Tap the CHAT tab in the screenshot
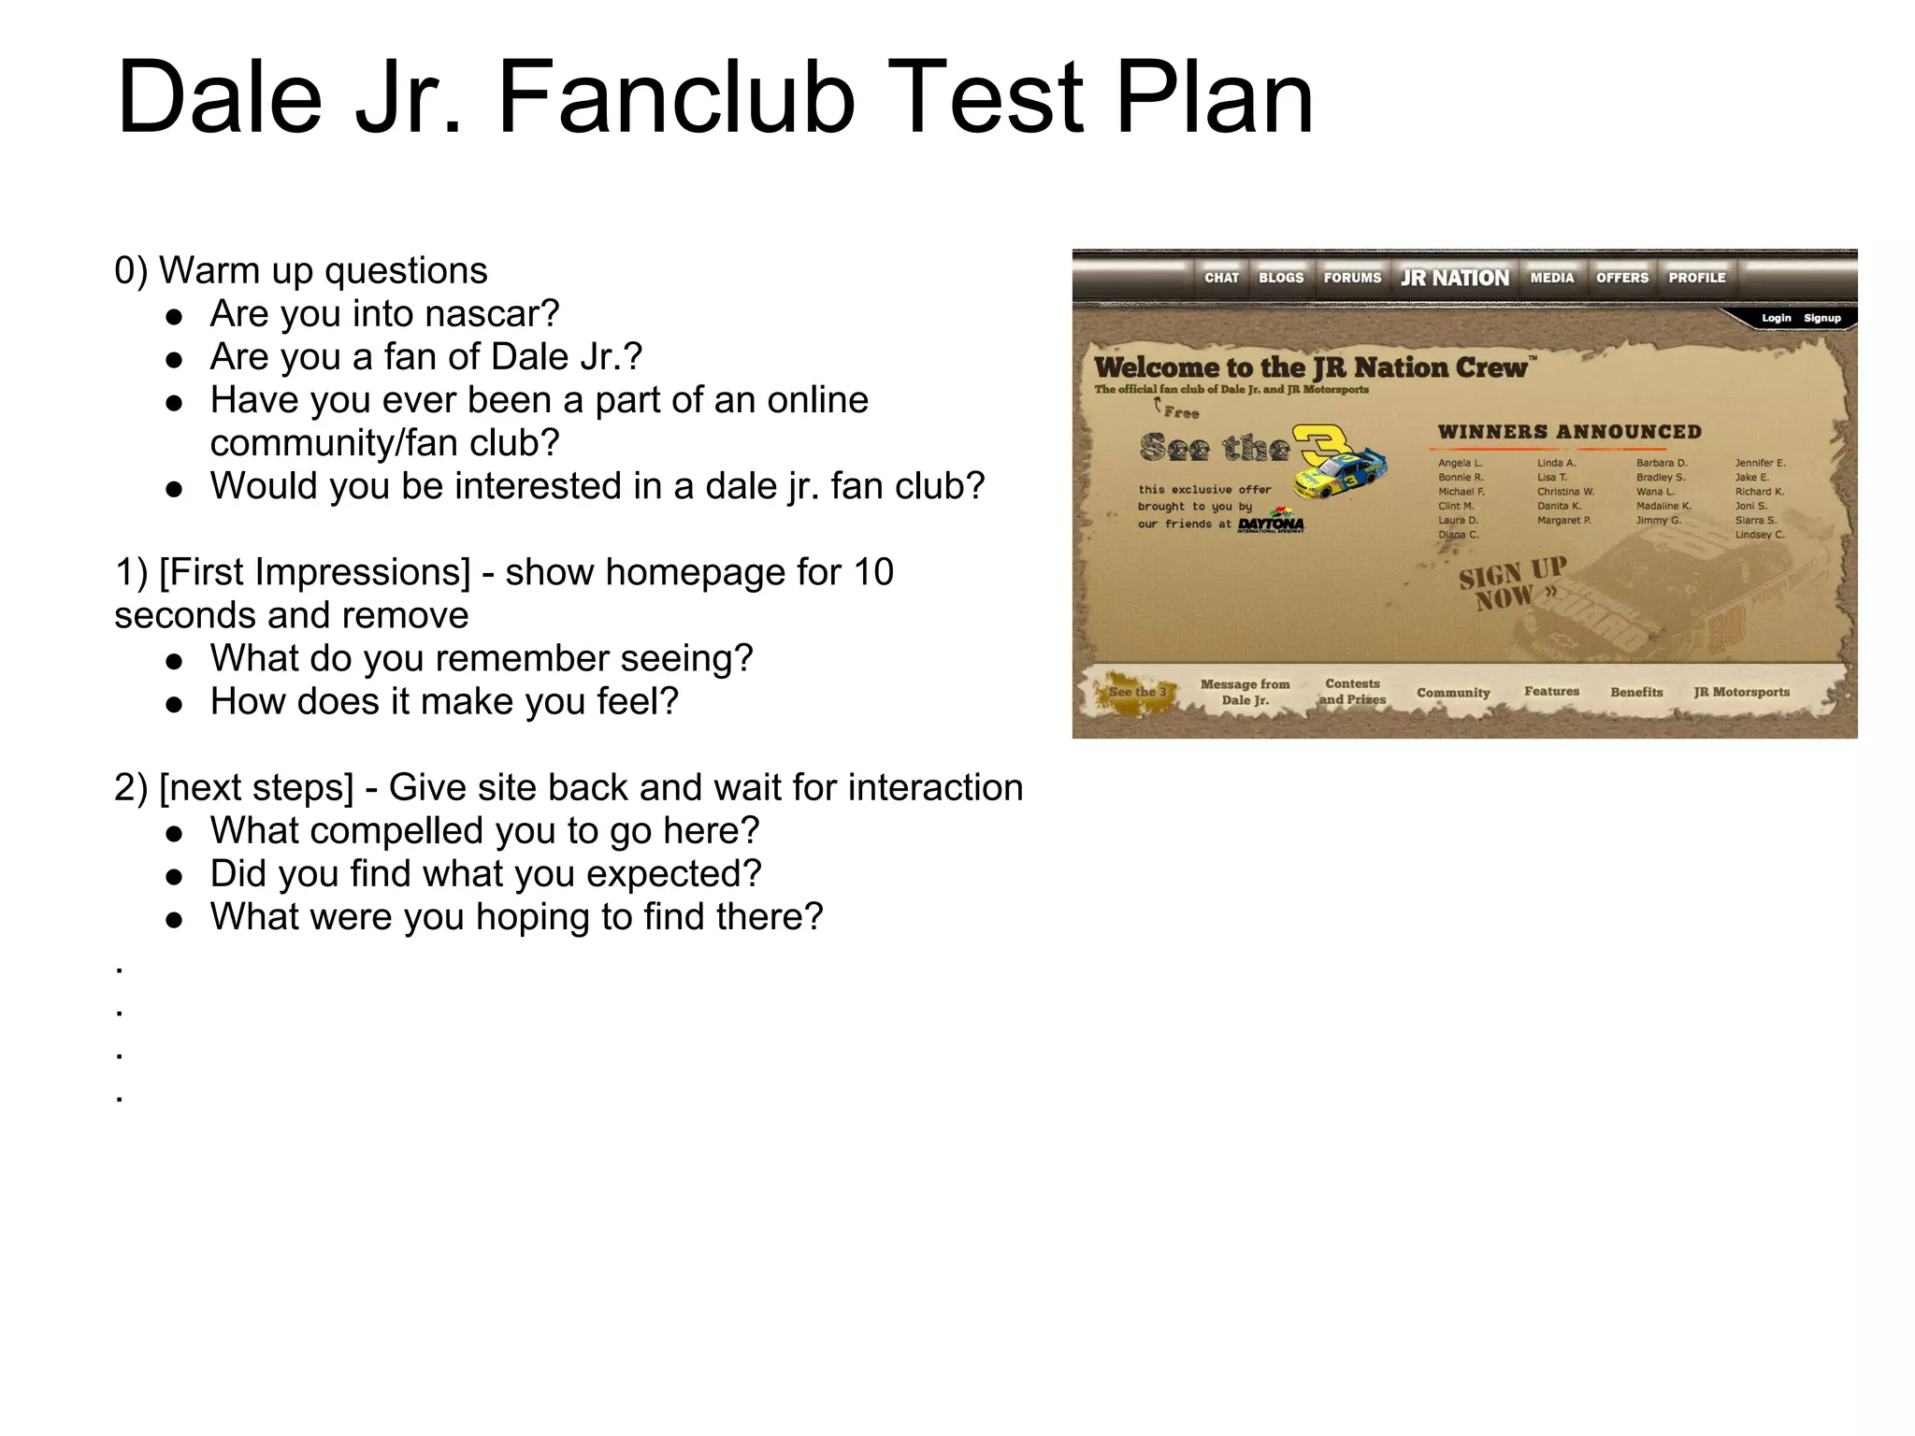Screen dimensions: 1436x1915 click(1221, 278)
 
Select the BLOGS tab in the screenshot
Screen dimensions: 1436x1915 click(1281, 278)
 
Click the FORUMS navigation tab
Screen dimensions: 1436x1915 click(1352, 278)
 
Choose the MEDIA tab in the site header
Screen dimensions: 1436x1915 click(1552, 278)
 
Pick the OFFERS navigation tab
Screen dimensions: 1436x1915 click(1622, 278)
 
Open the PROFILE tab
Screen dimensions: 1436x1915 click(1697, 278)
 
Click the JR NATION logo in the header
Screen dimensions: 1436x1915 click(1455, 278)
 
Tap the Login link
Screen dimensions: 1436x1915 click(1777, 318)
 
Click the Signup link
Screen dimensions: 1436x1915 click(1822, 318)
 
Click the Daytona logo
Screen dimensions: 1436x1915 click(1271, 523)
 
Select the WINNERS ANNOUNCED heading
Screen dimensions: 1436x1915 click(1569, 432)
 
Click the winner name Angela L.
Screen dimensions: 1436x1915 click(1460, 463)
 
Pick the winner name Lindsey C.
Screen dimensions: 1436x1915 click(1760, 535)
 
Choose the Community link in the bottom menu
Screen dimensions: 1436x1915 click(1453, 693)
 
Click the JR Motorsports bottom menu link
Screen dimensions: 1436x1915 click(1741, 693)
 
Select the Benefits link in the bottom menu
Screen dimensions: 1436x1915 click(1636, 693)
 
